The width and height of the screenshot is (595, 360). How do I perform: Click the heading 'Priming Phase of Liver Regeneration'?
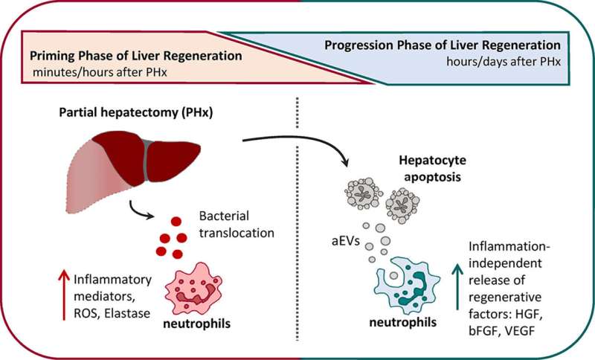pyautogui.click(x=136, y=56)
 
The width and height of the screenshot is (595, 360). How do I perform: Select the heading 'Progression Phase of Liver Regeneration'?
pyautogui.click(x=443, y=45)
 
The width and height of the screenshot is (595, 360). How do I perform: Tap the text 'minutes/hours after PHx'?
pyautogui.click(x=100, y=72)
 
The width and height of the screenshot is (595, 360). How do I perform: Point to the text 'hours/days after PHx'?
pyautogui.click(x=504, y=62)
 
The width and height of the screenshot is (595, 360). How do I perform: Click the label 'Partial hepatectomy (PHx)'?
pyautogui.click(x=136, y=113)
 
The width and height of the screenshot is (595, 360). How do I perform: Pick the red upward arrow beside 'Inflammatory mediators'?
pyautogui.click(x=64, y=295)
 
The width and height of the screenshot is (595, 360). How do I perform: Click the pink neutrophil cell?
pyautogui.click(x=193, y=289)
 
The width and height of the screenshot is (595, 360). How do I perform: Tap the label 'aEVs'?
pyautogui.click(x=345, y=241)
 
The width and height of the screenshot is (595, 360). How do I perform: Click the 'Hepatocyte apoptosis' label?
pyautogui.click(x=432, y=168)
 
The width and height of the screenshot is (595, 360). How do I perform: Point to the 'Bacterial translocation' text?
pyautogui.click(x=237, y=224)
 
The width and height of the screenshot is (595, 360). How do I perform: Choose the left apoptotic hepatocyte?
pyautogui.click(x=363, y=193)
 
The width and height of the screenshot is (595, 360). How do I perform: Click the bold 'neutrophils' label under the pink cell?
pyautogui.click(x=196, y=324)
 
